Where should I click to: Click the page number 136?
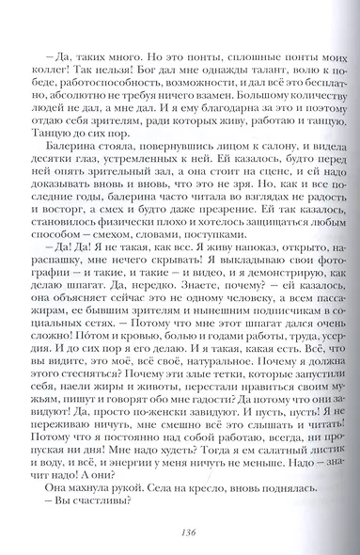(180, 531)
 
